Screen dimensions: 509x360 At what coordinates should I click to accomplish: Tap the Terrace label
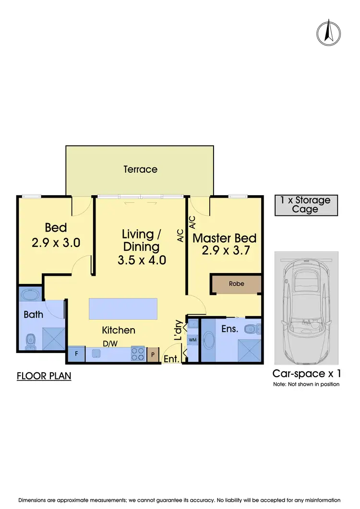pos(140,169)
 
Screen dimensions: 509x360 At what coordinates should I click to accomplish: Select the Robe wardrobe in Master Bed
pos(236,284)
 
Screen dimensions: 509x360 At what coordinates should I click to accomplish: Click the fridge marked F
pos(76,355)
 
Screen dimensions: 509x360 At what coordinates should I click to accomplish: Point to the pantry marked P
pos(153,355)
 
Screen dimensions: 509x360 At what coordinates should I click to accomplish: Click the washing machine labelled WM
pos(192,340)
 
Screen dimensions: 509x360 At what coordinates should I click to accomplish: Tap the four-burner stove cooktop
pos(138,354)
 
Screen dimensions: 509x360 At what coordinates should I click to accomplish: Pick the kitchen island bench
pos(123,309)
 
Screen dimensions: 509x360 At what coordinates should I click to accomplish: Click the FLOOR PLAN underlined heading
pos(44,376)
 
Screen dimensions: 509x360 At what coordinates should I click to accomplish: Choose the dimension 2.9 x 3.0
pos(56,243)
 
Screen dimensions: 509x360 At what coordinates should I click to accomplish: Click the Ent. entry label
pos(171,359)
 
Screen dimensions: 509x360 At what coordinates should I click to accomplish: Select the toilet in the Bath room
pos(30,342)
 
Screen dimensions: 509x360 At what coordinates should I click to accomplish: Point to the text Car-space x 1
pos(307,373)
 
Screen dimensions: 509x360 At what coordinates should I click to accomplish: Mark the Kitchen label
pos(119,330)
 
